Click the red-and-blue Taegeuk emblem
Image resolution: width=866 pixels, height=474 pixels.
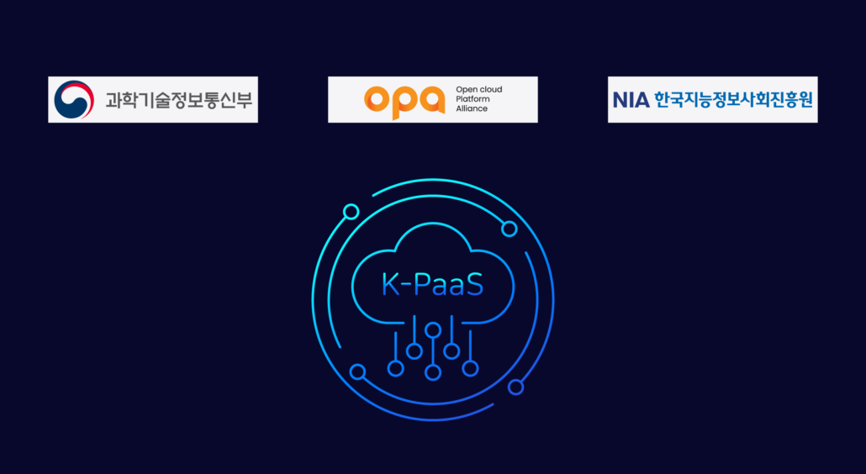[x=74, y=99]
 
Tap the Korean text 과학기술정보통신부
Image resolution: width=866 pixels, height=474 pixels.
[x=179, y=100]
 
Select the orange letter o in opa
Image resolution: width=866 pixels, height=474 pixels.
[x=377, y=100]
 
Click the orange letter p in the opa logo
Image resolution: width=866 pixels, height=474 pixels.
[x=404, y=103]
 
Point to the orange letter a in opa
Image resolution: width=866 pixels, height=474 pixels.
[x=432, y=100]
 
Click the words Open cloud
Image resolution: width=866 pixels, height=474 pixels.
[x=479, y=90]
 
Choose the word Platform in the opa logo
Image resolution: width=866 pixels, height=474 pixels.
[x=473, y=99]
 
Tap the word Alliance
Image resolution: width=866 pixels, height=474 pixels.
[x=472, y=108]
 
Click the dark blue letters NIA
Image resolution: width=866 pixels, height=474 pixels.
[x=631, y=100]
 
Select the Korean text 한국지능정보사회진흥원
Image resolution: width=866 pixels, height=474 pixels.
[x=733, y=100]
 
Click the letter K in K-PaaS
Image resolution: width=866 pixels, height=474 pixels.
[x=388, y=285]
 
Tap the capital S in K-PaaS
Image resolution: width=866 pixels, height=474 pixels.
[x=476, y=285]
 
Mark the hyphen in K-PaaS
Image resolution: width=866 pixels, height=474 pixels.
[x=404, y=287]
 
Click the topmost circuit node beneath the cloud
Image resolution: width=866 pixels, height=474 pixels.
[x=433, y=330]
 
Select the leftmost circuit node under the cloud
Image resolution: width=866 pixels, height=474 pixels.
[x=395, y=369]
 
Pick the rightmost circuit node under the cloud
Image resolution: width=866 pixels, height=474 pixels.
[x=470, y=368]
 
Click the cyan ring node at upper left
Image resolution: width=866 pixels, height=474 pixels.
[x=351, y=212]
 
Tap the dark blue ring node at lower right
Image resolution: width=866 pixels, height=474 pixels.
[x=516, y=387]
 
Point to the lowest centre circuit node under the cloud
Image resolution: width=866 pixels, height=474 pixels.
[x=433, y=372]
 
